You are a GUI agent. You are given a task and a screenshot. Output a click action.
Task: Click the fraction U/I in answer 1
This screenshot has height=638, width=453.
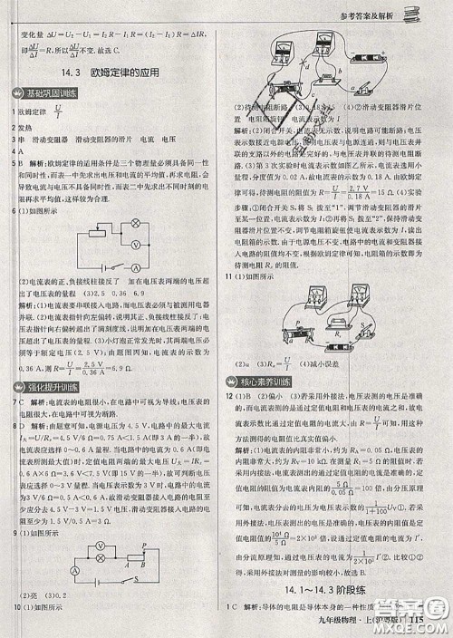click(60, 111)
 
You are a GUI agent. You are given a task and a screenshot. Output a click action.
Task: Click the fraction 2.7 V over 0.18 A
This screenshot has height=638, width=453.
click(368, 191)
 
